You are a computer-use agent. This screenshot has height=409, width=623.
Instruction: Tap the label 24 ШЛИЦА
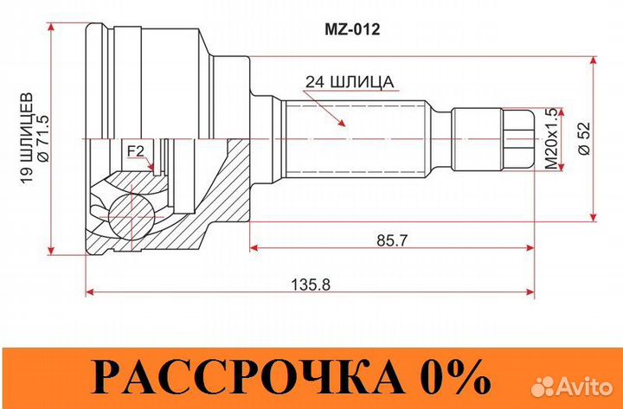(x=350, y=82)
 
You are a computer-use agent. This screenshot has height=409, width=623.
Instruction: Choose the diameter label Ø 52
(x=582, y=138)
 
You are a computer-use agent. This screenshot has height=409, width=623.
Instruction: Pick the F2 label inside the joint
(x=135, y=152)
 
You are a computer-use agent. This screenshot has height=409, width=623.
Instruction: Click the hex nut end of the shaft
(x=517, y=137)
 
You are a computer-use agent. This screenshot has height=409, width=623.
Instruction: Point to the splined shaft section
(x=355, y=137)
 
